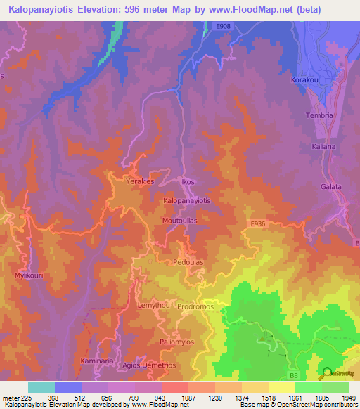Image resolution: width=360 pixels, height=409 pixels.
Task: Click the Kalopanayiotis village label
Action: coord(187,200)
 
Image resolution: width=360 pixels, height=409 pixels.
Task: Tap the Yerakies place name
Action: coord(140,181)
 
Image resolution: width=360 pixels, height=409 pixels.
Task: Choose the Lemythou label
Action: coord(152,307)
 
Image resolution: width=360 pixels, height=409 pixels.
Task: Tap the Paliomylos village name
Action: coord(176,342)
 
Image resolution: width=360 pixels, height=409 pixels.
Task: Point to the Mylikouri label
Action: coord(29,275)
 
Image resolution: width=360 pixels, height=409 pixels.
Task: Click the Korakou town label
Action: coord(305,80)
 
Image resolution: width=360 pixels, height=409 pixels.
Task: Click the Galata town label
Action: coord(330,187)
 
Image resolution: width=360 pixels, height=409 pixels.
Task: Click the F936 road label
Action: coord(258,223)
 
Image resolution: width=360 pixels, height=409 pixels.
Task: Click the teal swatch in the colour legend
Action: coord(41,387)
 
